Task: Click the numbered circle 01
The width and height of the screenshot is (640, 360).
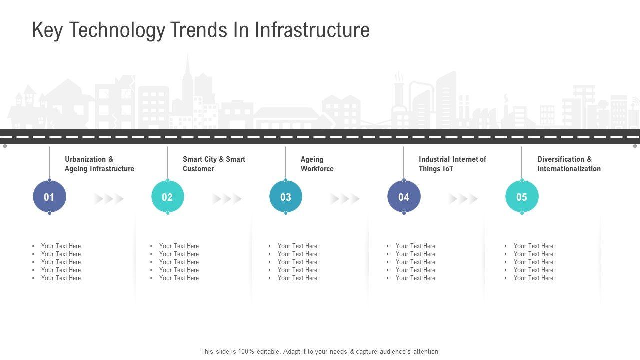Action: pos(49,197)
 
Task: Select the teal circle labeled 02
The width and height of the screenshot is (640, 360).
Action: pos(167,197)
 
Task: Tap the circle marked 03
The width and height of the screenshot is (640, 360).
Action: pos(286,197)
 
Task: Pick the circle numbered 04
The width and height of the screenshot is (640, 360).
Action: pos(404,197)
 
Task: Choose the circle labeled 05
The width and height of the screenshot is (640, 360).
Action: pos(522,197)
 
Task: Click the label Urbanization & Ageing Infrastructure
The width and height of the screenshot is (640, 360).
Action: pos(99,164)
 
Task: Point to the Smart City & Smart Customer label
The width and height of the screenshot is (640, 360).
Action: pos(214,164)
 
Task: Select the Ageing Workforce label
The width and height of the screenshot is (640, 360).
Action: pos(317,164)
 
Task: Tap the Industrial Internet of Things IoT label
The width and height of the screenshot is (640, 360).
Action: pos(452,164)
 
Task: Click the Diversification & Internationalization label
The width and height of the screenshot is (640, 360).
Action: pos(569,164)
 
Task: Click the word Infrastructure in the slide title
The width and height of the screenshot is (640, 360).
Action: pos(312,30)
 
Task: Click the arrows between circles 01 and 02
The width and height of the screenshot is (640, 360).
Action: pos(109,199)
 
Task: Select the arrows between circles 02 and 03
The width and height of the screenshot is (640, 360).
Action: pos(227,199)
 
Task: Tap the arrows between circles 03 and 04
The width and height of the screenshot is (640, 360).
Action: pos(345,199)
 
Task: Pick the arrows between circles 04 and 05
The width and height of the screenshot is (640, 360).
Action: pos(463,199)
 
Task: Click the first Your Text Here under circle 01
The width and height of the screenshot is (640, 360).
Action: pos(61,246)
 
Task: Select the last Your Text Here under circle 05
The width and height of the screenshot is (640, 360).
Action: pos(533,278)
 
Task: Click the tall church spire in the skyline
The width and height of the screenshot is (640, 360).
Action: pos(188,75)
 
